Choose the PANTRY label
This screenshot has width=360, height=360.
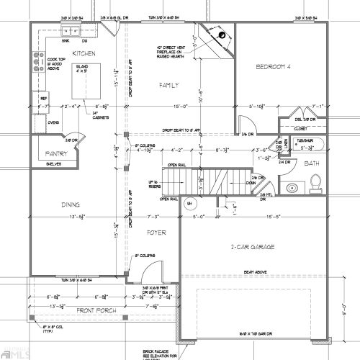pyautogui.click(x=55, y=153)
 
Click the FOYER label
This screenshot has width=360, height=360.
pyautogui.click(x=156, y=233)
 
